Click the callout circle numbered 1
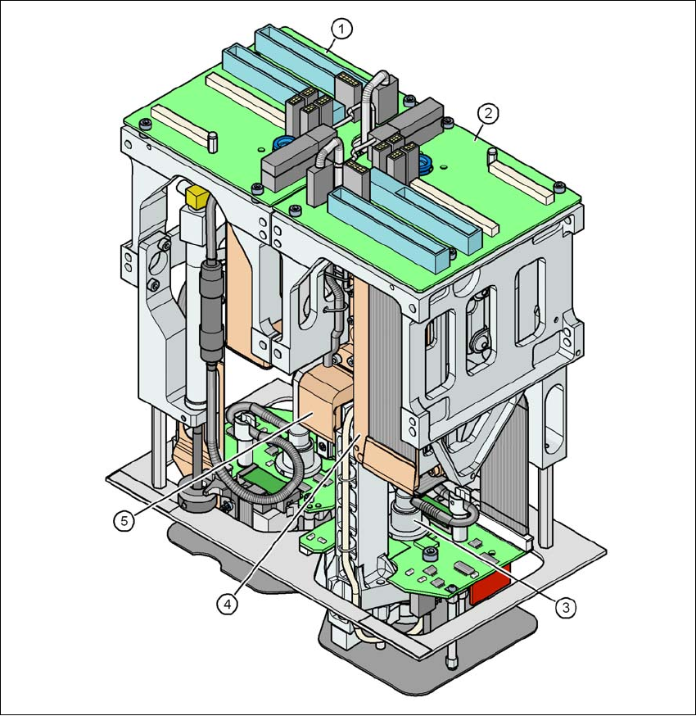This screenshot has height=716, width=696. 341,29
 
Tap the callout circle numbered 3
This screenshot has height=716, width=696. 566,607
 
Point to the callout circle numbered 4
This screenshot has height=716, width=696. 228,605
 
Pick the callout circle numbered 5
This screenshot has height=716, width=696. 124,520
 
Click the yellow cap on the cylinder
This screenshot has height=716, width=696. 197,197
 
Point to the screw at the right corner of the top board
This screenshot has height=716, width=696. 559,186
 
